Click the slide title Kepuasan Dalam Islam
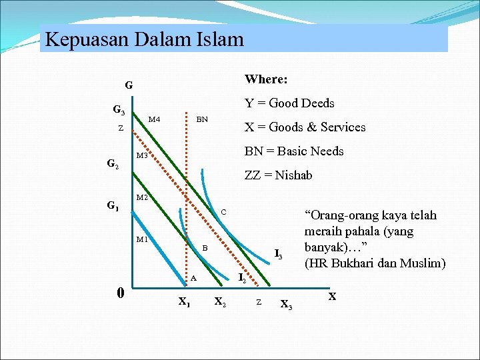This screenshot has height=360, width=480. point(145,39)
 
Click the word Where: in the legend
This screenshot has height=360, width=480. point(266,79)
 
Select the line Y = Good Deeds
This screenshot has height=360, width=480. point(289,103)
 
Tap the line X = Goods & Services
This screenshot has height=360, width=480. point(305,127)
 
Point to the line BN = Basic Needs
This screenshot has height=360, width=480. point(294,151)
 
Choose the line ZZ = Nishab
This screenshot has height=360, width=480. point(278,175)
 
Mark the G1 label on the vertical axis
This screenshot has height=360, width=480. point(113,206)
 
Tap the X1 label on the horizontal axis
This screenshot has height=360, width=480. point(184,301)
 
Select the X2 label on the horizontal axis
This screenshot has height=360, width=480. point(219,301)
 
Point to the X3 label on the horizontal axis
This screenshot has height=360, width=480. point(286,305)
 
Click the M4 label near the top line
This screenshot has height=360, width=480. point(154,119)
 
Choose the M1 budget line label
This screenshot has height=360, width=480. point(142,239)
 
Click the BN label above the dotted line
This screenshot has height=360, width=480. point(202,119)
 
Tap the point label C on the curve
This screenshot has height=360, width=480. point(224,212)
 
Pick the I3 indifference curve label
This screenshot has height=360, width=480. point(279,254)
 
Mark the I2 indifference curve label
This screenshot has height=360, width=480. point(243,277)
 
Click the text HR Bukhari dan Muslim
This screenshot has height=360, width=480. point(375,263)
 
